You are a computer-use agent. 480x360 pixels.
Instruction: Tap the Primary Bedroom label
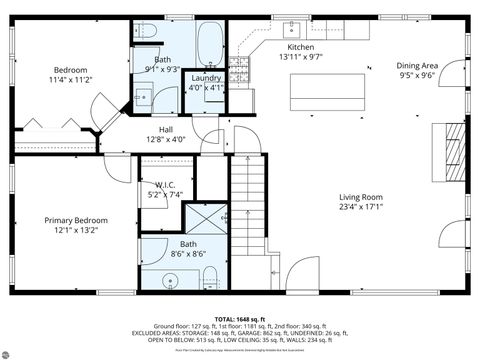pyautogui.click(x=75, y=225)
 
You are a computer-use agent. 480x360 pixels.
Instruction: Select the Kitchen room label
pyautogui.click(x=301, y=53)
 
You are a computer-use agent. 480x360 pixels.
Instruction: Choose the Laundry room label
pyautogui.click(x=206, y=82)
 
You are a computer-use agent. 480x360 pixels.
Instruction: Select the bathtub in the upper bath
pyautogui.click(x=209, y=42)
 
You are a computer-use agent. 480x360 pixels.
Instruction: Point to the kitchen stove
pyautogui.click(x=240, y=69)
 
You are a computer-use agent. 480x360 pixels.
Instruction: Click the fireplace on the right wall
pyautogui.click(x=455, y=147)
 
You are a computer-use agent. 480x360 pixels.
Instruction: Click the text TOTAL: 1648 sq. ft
pyautogui.click(x=239, y=319)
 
